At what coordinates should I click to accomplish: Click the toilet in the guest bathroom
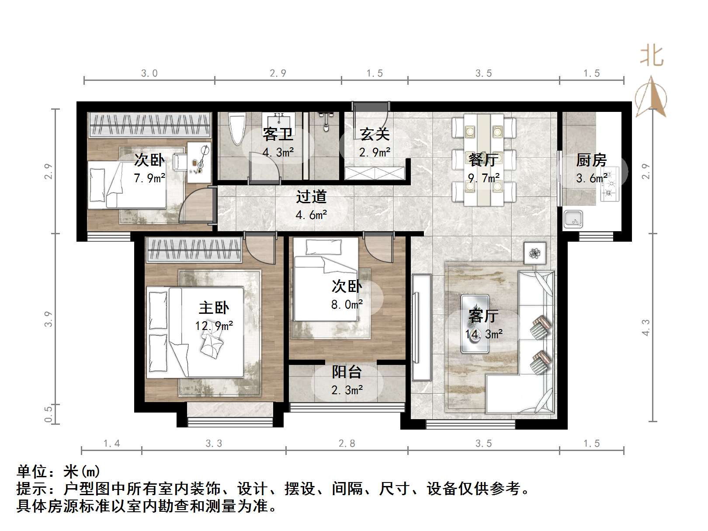pyautogui.click(x=238, y=128)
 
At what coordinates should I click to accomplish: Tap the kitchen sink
pyautogui.click(x=573, y=219)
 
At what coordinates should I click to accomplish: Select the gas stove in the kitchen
pyautogui.click(x=610, y=184)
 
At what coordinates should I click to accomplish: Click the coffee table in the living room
pyautogui.click(x=475, y=323)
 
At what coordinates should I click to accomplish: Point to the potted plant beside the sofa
pyautogui.click(x=535, y=253)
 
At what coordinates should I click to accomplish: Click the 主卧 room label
pyautogui.click(x=214, y=308)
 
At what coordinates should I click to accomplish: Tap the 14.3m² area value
pyautogui.click(x=484, y=334)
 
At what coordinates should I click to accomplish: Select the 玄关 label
pyautogui.click(x=375, y=134)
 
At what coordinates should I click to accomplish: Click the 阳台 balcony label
pyautogui.click(x=347, y=372)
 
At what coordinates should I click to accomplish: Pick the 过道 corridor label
pyautogui.click(x=311, y=197)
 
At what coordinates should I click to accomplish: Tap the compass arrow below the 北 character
pyautogui.click(x=651, y=97)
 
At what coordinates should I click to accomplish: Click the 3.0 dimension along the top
pyautogui.click(x=149, y=73)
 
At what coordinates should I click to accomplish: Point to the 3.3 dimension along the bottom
pyautogui.click(x=214, y=444)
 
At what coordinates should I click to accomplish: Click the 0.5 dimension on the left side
pyautogui.click(x=49, y=414)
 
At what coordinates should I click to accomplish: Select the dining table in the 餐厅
pyautogui.click(x=483, y=160)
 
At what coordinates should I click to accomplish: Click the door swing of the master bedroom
pyautogui.click(x=260, y=249)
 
